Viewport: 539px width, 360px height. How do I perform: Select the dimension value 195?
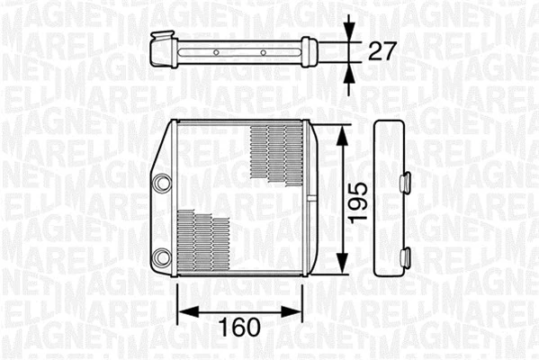[358, 200]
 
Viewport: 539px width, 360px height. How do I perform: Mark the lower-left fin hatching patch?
[205, 241]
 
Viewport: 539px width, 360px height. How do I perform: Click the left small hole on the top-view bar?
[216, 53]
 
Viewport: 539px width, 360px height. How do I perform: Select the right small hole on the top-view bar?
[263, 53]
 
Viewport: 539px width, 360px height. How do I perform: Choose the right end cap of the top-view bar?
[309, 50]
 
